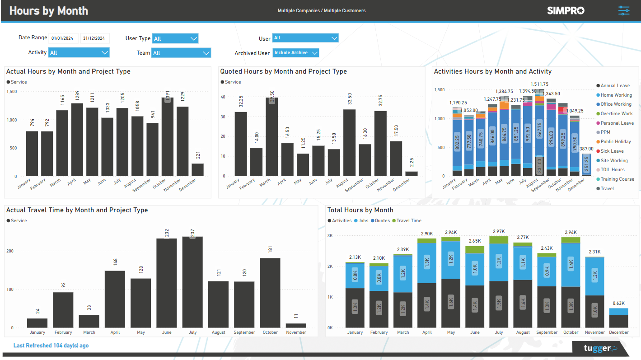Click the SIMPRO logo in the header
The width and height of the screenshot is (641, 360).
click(566, 10)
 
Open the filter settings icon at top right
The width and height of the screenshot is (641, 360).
click(623, 11)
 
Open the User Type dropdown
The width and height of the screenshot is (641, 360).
click(175, 38)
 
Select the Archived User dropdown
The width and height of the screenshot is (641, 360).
click(296, 53)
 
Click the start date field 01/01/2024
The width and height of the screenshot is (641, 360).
click(63, 38)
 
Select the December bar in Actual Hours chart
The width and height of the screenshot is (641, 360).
click(197, 170)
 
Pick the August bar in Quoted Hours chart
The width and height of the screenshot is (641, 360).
click(349, 143)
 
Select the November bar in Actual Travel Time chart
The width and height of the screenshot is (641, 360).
click(296, 325)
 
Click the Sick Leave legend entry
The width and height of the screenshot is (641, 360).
click(612, 151)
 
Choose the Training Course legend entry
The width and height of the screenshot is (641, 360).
click(617, 179)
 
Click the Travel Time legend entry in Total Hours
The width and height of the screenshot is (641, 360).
click(409, 221)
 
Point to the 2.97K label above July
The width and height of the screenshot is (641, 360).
click(499, 231)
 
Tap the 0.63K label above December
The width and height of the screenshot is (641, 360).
click(618, 304)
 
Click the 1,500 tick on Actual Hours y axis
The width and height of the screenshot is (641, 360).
click(11, 92)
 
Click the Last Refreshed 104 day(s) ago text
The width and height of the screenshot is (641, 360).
click(51, 346)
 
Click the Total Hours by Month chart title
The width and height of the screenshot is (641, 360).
click(360, 210)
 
